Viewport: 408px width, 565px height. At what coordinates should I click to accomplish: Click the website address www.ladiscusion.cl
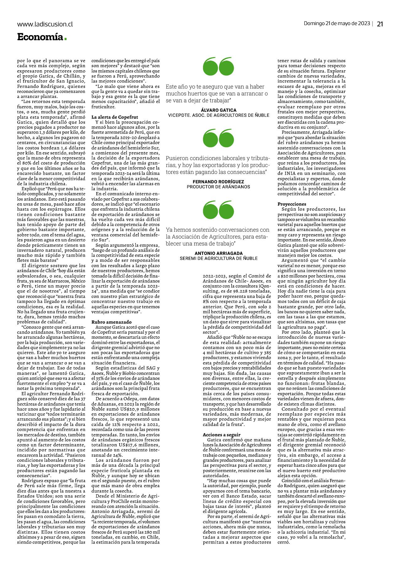[x=45, y=24]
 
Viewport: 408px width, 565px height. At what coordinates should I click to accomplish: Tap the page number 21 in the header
[x=380, y=24]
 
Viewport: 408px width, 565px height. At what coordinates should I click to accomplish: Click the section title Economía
[x=40, y=37]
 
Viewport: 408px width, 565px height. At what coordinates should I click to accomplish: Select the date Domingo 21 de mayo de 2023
[x=337, y=24]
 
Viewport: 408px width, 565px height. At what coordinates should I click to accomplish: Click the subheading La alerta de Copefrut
[x=110, y=117]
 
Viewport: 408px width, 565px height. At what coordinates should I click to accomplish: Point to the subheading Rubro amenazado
[x=107, y=322]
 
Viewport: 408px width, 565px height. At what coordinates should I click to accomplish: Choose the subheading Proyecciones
[x=292, y=204]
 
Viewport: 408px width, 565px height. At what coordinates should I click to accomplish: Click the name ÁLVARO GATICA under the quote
[x=219, y=110]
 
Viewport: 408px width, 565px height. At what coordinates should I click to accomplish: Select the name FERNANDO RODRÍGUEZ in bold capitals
[x=218, y=182]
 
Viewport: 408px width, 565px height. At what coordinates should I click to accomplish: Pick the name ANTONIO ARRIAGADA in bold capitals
[x=219, y=253]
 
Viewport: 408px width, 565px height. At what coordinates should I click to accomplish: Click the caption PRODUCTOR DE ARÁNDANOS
[x=218, y=187]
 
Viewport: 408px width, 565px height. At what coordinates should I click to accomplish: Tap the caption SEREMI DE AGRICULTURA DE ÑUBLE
[x=219, y=258]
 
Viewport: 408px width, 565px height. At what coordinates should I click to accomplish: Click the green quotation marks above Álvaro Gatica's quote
[x=219, y=67]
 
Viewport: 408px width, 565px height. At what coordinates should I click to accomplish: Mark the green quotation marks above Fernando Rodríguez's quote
[x=219, y=138]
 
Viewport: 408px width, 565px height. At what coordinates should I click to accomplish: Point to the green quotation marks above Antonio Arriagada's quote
[x=219, y=210]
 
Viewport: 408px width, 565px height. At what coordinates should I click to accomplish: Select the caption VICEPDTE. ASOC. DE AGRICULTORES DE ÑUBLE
[x=219, y=115]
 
